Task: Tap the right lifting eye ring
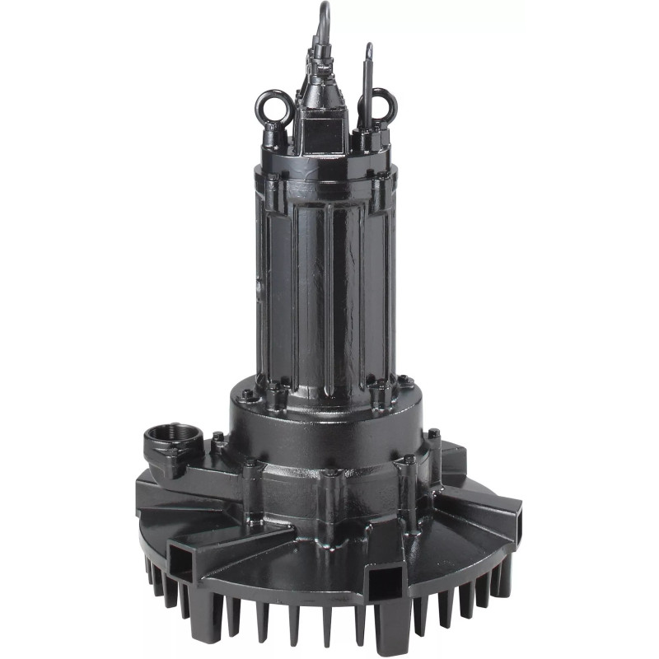381,105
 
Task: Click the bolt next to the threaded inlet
217,437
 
